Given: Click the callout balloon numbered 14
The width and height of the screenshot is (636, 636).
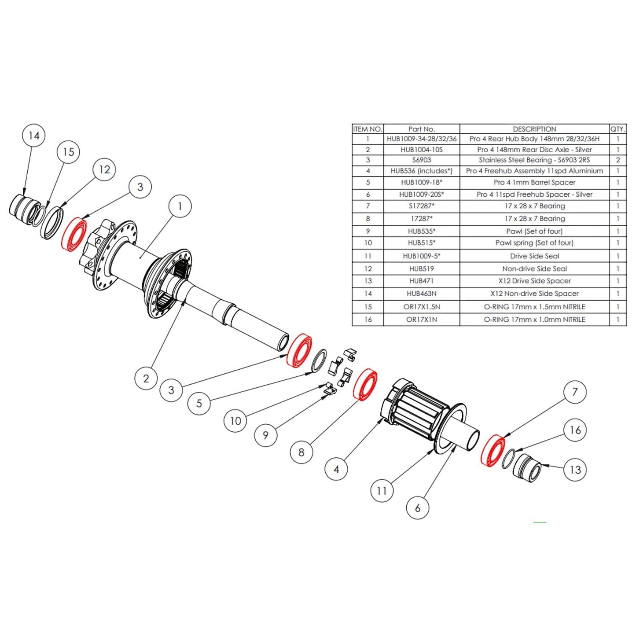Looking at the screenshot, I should [34, 136].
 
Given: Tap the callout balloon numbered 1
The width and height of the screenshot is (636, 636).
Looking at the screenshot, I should [180, 206].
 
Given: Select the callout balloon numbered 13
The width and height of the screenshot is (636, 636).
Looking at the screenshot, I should [575, 470].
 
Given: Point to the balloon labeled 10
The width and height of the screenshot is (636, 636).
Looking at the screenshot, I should [235, 421].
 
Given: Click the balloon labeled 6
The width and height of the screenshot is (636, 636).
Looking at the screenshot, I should [417, 508].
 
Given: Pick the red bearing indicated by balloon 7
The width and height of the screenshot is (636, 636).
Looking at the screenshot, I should [493, 450].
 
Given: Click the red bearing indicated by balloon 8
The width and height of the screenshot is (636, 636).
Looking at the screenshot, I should [365, 385].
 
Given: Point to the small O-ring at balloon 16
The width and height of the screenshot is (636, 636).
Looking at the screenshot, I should [507, 458].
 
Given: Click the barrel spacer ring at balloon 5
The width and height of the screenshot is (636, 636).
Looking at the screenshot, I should [319, 360].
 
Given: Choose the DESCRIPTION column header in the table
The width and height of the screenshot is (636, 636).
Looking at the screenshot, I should [534, 129].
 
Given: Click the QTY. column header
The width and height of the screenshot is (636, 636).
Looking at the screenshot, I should [617, 129].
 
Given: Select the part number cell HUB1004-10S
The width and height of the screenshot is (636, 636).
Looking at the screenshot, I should [421, 150].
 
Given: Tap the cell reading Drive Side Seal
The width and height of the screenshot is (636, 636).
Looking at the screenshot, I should [534, 256].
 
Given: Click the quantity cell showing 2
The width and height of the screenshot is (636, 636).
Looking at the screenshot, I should [617, 160].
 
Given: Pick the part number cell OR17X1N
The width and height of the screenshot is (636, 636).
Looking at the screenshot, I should [421, 320].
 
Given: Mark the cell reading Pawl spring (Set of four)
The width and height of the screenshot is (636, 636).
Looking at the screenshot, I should [534, 243].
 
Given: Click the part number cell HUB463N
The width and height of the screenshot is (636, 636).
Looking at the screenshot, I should [421, 294].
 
